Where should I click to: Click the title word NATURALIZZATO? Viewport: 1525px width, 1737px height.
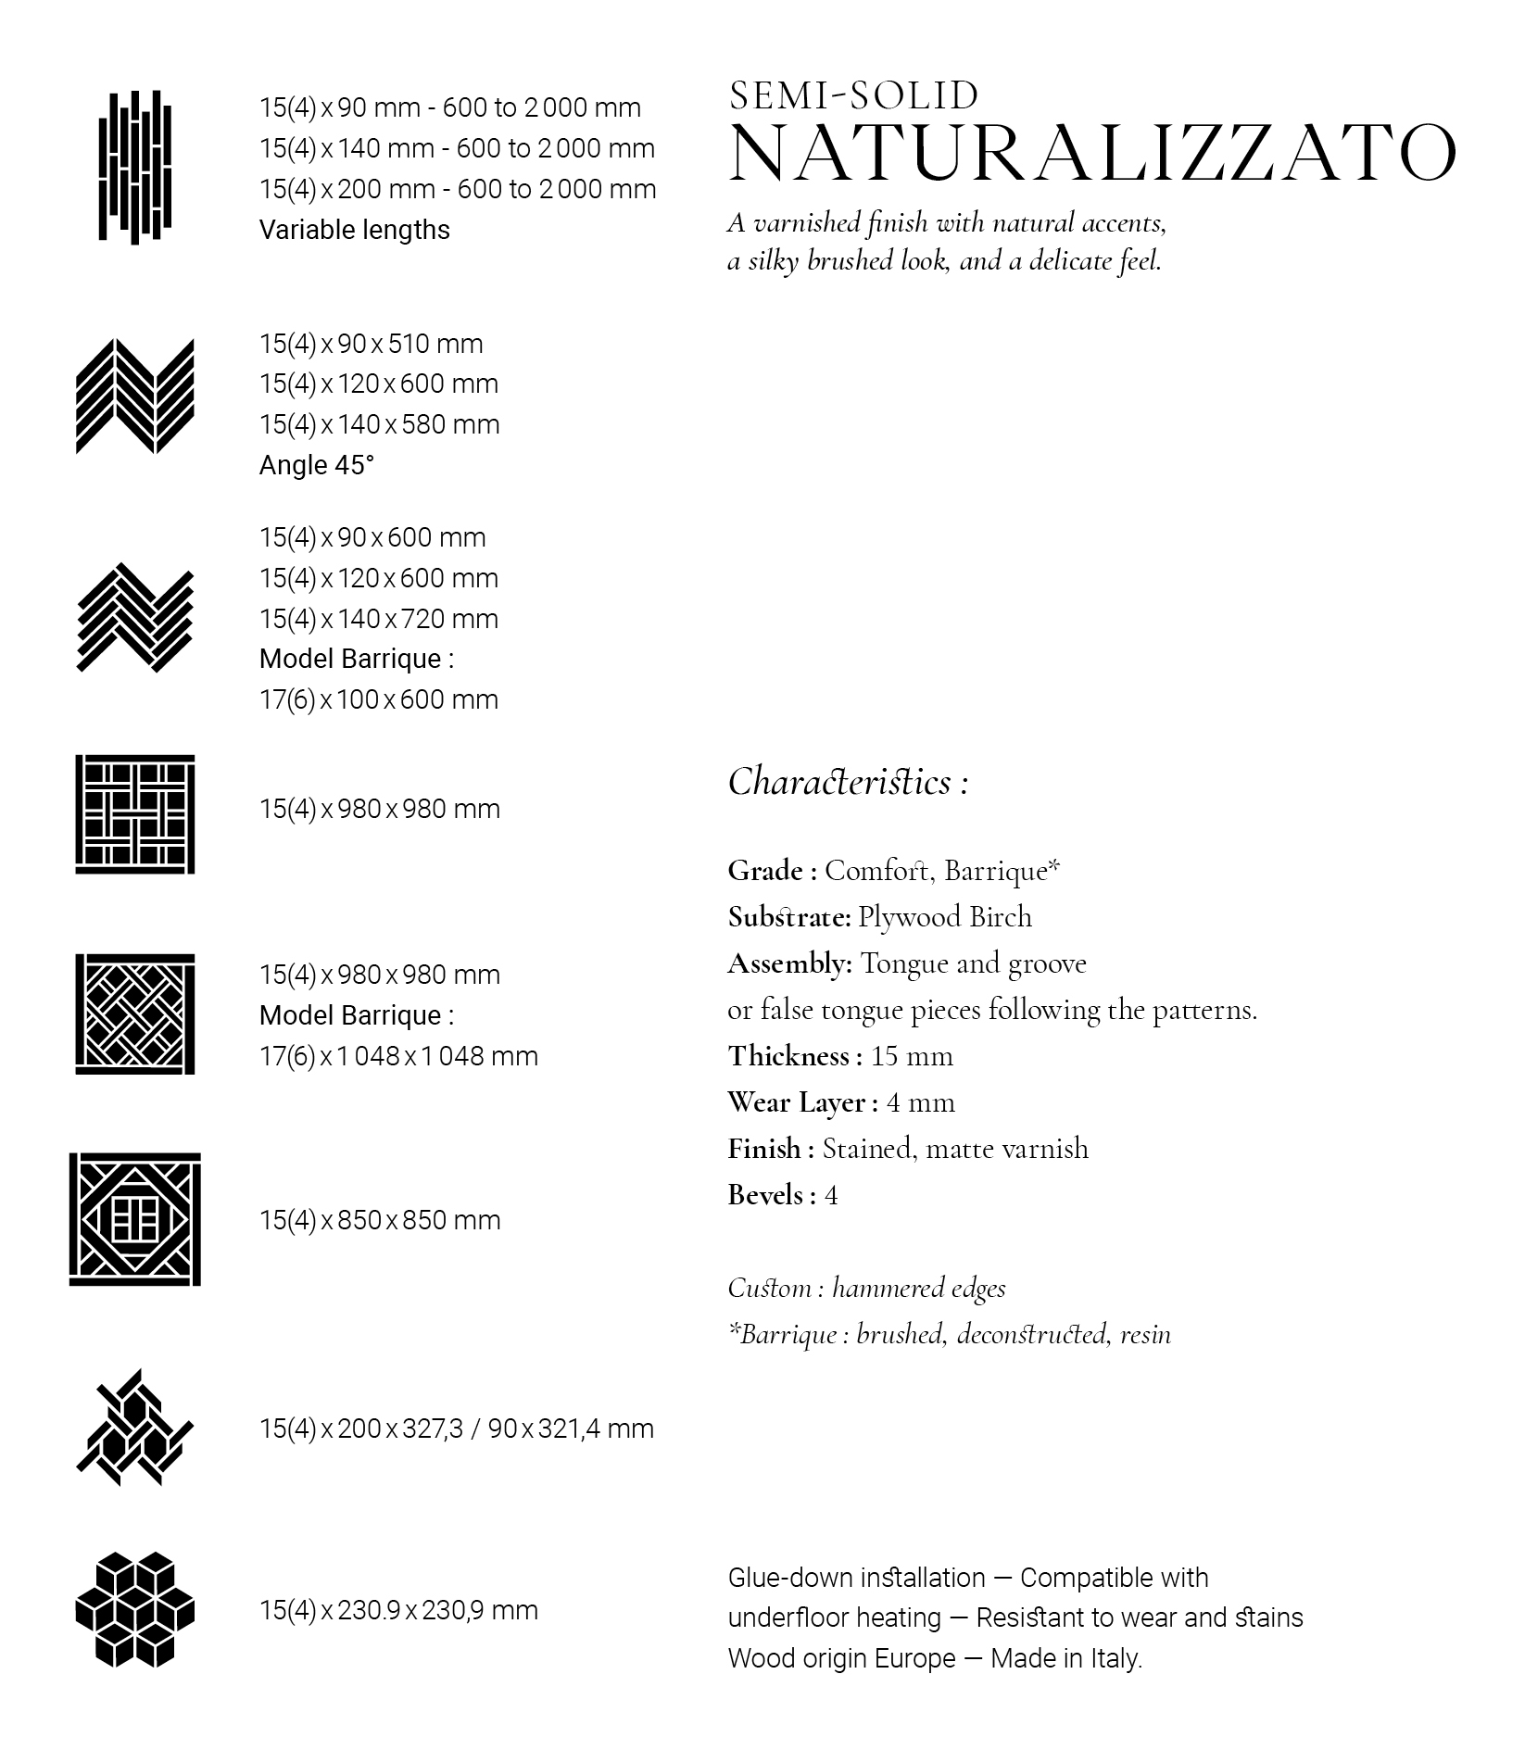pos(1092,153)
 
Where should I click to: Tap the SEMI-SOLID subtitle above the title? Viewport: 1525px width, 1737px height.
pos(853,95)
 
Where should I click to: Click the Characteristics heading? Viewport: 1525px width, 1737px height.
pos(847,782)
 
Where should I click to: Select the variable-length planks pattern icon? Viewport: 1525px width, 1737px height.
pos(135,167)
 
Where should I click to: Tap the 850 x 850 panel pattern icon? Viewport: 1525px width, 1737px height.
pos(135,1219)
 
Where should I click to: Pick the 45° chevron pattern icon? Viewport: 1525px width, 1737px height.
pos(135,396)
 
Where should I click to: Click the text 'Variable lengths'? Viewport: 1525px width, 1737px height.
pos(354,230)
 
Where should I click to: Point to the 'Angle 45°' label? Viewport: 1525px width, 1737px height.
pos(317,465)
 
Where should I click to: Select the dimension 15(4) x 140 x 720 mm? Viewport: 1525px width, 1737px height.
pos(379,619)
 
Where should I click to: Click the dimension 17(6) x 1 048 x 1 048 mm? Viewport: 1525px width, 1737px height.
pos(398,1056)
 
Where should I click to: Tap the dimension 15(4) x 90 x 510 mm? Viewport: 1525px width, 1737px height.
pos(371,344)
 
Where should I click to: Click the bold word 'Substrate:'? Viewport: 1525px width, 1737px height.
pos(788,917)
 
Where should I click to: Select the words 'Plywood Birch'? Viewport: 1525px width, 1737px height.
pos(944,917)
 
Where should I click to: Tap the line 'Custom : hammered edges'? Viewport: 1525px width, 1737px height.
pos(866,1288)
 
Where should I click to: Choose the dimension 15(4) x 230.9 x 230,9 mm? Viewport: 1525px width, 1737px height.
pos(398,1610)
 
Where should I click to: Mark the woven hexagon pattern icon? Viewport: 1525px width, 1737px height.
pos(135,1428)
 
